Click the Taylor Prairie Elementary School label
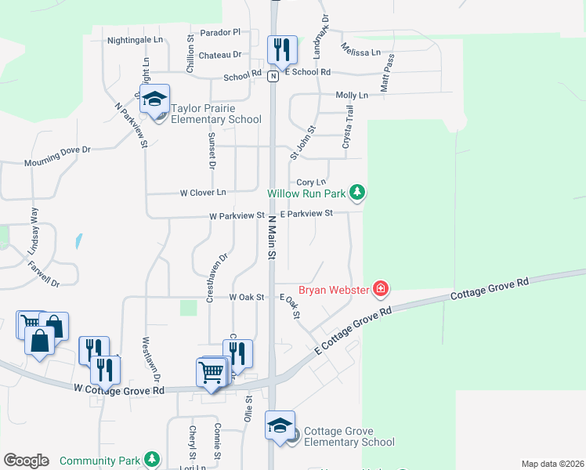click(216, 114)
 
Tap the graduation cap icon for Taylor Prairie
click(155, 99)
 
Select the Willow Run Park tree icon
click(357, 192)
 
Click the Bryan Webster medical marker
click(381, 290)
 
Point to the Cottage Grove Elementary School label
click(349, 436)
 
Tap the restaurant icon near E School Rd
click(281, 50)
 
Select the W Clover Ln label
click(203, 193)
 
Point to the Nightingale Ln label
click(135, 39)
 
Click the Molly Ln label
click(351, 95)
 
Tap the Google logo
click(26, 461)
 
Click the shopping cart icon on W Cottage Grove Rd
click(210, 373)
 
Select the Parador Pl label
click(219, 32)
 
